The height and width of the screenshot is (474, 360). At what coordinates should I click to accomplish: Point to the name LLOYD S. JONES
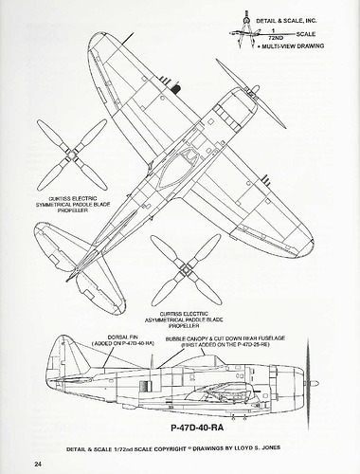[289, 447]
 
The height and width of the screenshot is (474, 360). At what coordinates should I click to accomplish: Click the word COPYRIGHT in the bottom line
[172, 447]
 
